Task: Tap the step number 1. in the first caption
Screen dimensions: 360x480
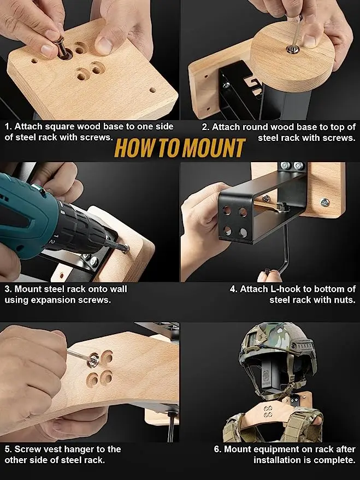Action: coord(8,127)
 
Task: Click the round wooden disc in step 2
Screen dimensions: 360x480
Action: coord(292,57)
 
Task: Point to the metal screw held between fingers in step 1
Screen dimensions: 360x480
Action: coord(61,48)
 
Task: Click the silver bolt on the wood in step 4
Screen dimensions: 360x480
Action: coord(325,202)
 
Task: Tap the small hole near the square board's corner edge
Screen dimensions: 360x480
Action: coord(152,90)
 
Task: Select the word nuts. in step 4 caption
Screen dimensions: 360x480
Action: coord(345,300)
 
